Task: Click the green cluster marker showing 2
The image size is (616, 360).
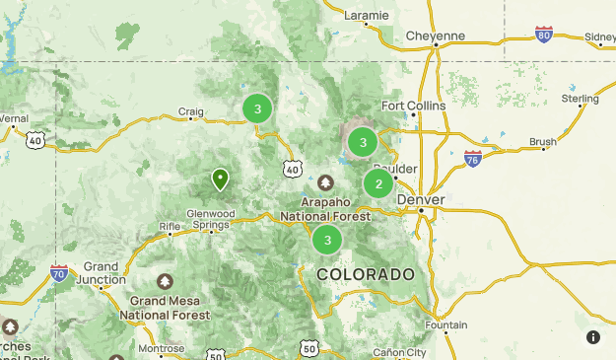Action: (378, 183)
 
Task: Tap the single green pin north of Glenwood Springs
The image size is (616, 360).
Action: (220, 180)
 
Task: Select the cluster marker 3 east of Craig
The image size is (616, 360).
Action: (257, 109)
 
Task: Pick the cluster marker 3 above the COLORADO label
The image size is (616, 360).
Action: (327, 240)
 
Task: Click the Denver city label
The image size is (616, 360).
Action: (421, 200)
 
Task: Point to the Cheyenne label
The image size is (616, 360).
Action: (435, 36)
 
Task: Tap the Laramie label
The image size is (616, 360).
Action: (367, 16)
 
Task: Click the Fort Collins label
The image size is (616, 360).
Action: (414, 106)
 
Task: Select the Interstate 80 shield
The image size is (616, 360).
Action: (544, 34)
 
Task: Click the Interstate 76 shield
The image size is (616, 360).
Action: (472, 158)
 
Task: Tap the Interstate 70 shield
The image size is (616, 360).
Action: (59, 272)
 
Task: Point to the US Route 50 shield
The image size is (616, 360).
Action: (309, 348)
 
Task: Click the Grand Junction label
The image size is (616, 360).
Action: (102, 273)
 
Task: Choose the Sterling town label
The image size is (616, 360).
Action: (580, 99)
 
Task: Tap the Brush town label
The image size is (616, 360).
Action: (542, 142)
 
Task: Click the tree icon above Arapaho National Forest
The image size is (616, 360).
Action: (325, 182)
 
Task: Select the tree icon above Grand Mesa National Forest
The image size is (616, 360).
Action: (165, 282)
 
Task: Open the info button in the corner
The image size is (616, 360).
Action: (593, 337)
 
